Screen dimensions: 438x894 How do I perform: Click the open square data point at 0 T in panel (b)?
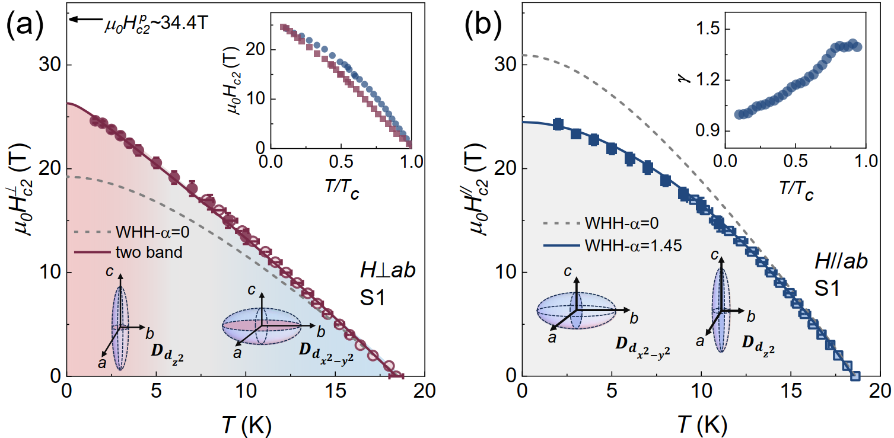(855, 376)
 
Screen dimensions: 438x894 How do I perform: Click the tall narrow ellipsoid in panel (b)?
(721, 309)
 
